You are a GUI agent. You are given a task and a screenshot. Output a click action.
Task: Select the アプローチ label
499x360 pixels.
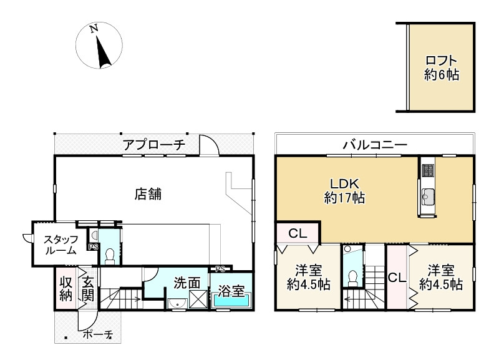coord(153,145)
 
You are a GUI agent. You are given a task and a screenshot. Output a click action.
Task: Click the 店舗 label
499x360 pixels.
coord(148,194)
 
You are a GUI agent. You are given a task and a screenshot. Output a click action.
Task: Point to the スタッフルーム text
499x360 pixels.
coord(61,245)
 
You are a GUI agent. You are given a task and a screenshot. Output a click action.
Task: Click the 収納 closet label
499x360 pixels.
coord(66,288)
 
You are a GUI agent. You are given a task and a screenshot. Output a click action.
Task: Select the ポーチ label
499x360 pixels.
coord(98,335)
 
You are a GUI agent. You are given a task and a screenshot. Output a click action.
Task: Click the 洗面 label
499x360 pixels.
coord(187,283)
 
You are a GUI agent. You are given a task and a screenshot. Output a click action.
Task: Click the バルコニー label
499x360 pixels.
coord(374,145)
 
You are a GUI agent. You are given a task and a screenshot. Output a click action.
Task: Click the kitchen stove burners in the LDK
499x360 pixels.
coord(428,169)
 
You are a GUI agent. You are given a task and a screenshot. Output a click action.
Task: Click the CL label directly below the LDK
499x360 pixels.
coord(297,234)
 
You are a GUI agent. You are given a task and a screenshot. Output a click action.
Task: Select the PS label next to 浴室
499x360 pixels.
coord(220,269)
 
